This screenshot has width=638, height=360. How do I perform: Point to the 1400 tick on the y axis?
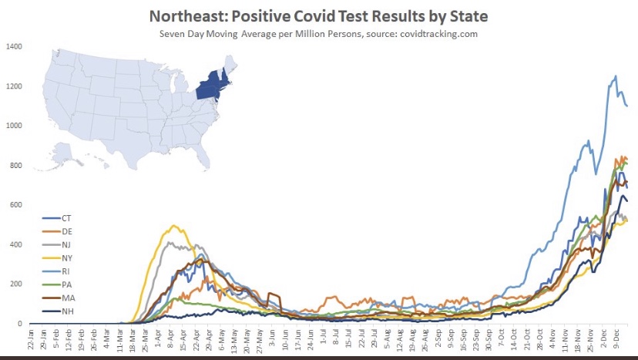pos(15,46)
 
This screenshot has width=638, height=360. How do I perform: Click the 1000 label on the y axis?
pos(15,126)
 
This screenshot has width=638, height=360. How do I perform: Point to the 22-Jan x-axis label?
pos(31,339)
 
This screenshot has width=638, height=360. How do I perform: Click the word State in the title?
pos(466,15)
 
